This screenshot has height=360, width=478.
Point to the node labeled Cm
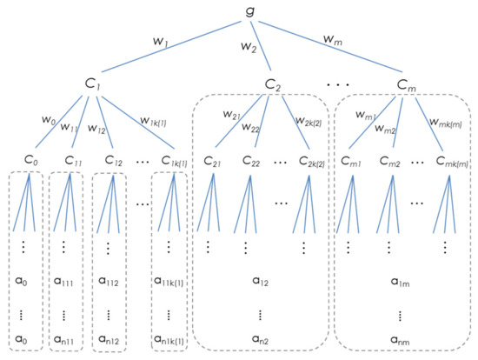coord(406,86)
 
